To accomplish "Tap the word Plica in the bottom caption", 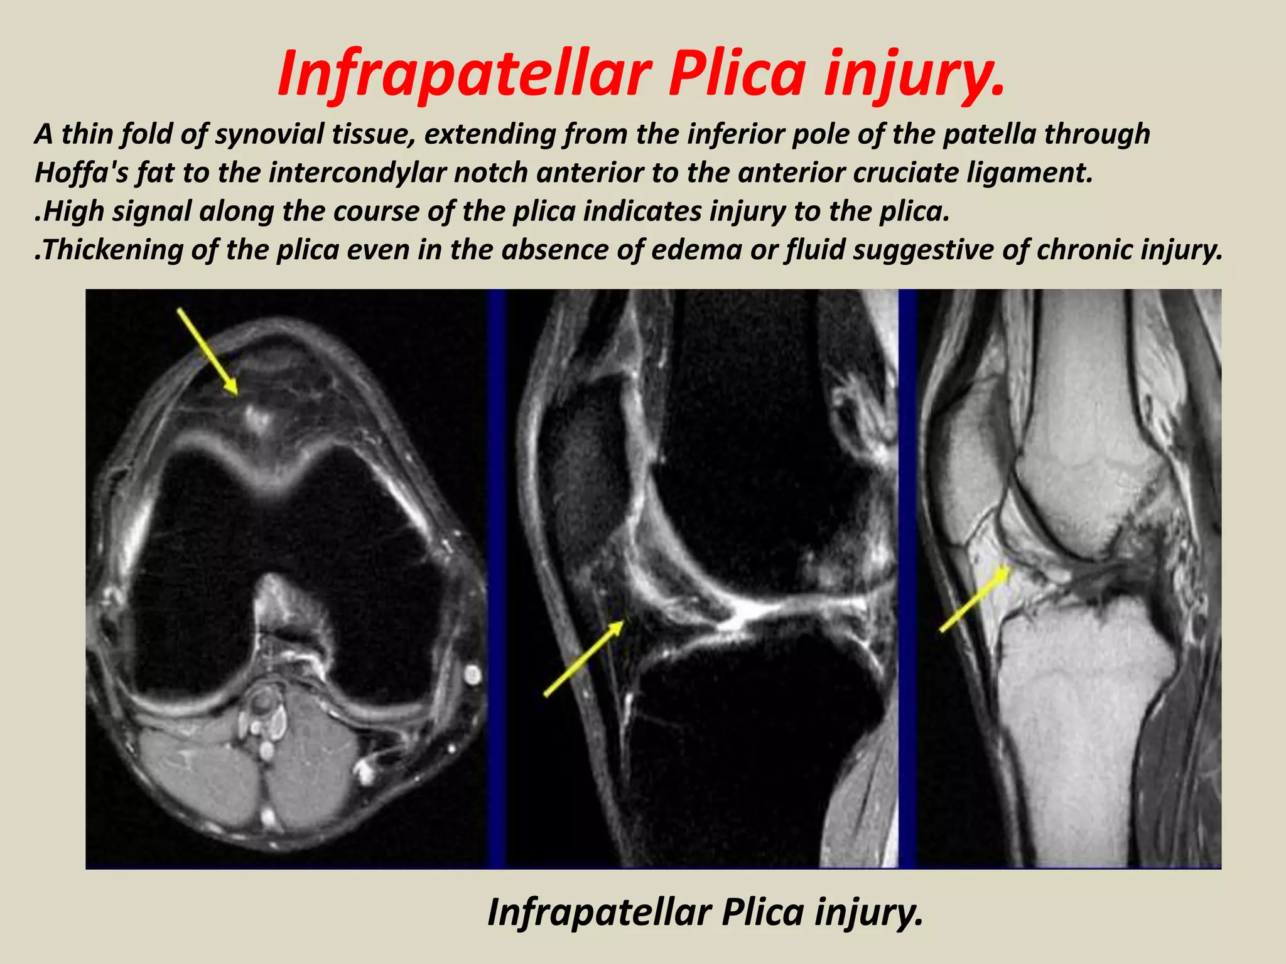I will (x=762, y=912).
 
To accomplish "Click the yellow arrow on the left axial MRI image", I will (x=208, y=352).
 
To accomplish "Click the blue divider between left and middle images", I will (x=496, y=577).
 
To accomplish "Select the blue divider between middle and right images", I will (x=907, y=577).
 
